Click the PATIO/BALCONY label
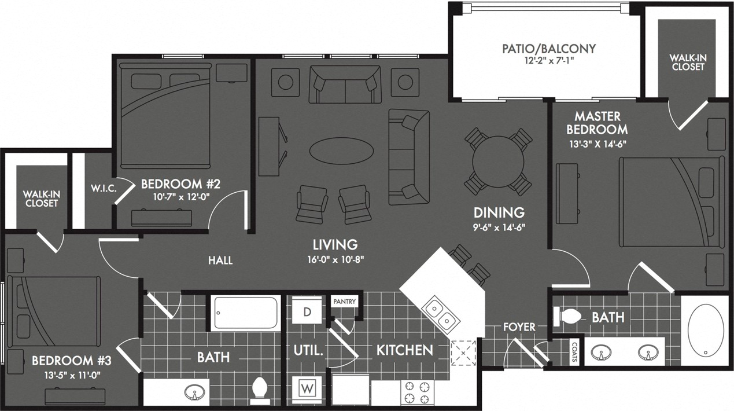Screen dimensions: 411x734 548,49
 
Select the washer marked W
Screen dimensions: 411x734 307,387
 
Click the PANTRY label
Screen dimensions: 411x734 344,302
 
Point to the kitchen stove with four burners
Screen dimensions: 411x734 415,392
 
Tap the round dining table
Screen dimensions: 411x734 498,161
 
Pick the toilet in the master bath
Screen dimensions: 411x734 567,316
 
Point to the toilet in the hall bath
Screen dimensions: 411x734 259,390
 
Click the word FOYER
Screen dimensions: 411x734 519,327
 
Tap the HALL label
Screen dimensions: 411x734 220,260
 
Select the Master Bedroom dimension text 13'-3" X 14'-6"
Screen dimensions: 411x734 596,143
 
